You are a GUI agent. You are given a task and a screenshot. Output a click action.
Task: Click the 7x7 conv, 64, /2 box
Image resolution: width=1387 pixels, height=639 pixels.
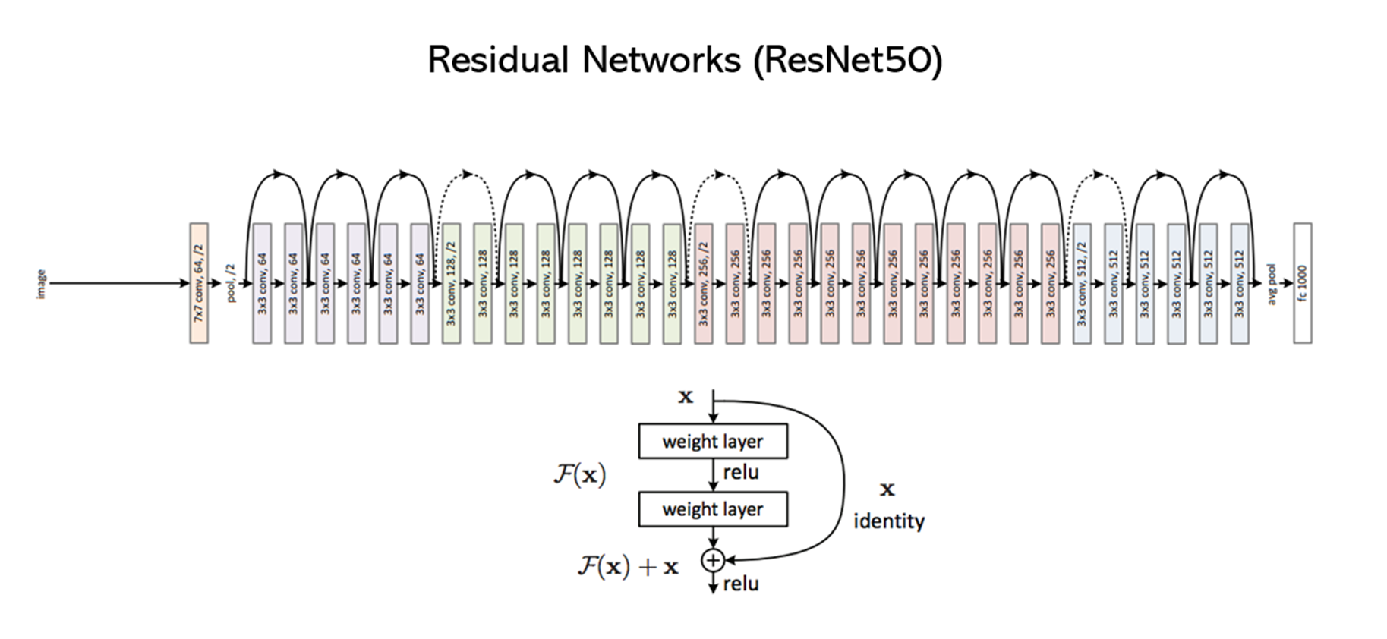[199, 283]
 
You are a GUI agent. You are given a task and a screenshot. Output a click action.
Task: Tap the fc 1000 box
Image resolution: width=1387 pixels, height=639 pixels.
[1302, 283]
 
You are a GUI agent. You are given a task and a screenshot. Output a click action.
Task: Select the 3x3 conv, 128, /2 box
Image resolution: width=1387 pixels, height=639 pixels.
[451, 283]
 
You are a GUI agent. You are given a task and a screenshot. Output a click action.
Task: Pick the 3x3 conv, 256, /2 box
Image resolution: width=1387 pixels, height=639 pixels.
[703, 283]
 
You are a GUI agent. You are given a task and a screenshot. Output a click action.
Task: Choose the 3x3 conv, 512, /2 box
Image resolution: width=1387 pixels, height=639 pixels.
[1082, 283]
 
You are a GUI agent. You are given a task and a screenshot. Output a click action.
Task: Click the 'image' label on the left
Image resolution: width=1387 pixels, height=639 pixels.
[41, 284]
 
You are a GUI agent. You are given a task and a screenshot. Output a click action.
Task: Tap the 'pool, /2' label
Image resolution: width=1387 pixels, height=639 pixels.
[232, 284]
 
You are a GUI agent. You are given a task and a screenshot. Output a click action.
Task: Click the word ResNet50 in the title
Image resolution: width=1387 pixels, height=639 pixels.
[848, 60]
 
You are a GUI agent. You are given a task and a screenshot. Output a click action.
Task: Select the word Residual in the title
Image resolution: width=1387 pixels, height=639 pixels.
[498, 60]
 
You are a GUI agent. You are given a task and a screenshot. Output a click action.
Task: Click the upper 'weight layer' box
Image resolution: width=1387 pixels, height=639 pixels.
[712, 442]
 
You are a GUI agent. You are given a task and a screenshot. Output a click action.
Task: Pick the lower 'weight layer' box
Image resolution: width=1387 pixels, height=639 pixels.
[712, 509]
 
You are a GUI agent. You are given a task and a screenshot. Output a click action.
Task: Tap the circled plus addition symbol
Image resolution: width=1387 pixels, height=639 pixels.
[712, 560]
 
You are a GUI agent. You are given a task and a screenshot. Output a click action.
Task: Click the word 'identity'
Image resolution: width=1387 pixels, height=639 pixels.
[888, 521]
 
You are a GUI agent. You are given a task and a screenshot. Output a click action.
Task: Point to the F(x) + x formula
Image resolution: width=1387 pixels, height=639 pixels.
[628, 566]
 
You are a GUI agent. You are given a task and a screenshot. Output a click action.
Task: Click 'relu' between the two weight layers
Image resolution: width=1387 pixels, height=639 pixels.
[740, 473]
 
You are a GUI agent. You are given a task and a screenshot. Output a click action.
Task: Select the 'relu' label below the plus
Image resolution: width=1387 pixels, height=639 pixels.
[740, 584]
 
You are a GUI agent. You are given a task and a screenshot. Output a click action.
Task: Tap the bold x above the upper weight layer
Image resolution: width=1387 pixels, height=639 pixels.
[686, 397]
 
